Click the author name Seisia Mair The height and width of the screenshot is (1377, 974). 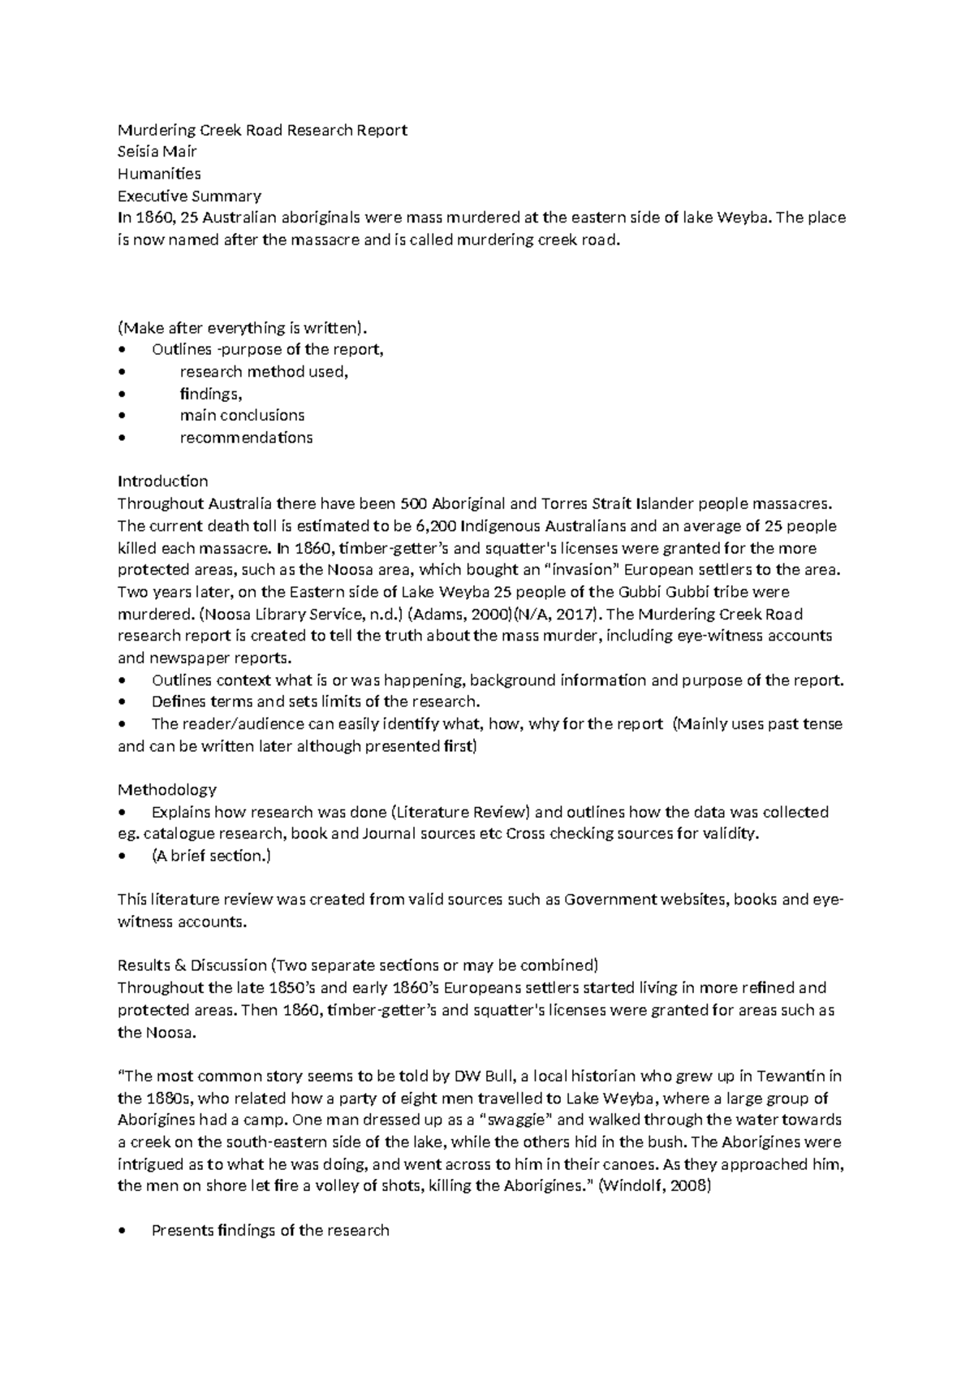coord(157,152)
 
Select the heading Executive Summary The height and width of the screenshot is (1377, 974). coord(189,196)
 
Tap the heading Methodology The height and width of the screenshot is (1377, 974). coord(167,789)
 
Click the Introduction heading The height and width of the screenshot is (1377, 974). coord(163,481)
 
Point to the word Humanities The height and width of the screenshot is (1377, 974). coord(159,174)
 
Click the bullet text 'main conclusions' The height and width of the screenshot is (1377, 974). coord(242,415)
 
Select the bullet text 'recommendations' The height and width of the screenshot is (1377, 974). coord(246,438)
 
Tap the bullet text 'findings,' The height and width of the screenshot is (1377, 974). coord(211,394)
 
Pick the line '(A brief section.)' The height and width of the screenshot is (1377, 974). coord(211,856)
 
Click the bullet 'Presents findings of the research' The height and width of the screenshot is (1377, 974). coord(270,1230)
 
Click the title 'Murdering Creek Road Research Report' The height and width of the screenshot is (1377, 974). coord(262,130)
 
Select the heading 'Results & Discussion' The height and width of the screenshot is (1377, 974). coord(192,965)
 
